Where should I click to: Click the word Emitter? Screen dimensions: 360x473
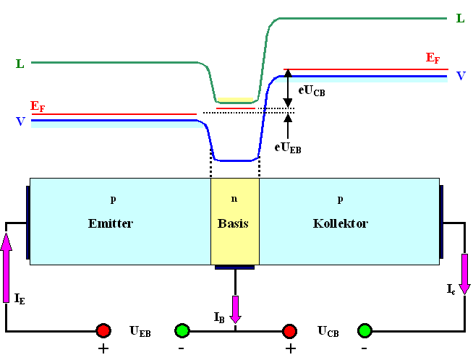(x=110, y=223)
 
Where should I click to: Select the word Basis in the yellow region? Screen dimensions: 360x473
(x=233, y=223)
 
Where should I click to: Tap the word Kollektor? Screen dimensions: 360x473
(x=341, y=223)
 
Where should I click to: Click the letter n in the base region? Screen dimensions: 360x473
(x=234, y=197)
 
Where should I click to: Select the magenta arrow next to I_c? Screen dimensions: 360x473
(x=464, y=274)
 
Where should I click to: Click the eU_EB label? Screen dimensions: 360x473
(x=288, y=146)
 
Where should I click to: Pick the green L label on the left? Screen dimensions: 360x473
(x=20, y=64)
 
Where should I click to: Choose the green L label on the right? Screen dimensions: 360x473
(x=460, y=18)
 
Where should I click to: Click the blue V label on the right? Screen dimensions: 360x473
(x=460, y=75)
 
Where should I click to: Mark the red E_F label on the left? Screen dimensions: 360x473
(x=38, y=106)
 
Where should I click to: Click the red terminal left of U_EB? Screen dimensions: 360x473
(x=103, y=331)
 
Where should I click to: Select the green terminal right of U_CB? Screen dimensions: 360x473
(x=365, y=331)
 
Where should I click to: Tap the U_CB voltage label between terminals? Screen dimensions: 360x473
(x=328, y=331)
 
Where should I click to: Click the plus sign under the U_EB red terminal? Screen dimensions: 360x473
(x=103, y=348)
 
